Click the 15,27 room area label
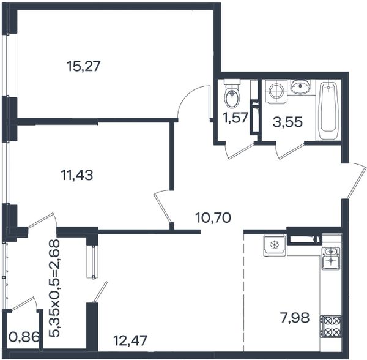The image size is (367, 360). [x=83, y=66]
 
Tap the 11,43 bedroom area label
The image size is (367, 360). [x=77, y=175]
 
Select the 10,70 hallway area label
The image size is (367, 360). [x=213, y=217]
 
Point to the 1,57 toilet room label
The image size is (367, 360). [x=235, y=118]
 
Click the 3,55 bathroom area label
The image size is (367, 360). [x=287, y=122]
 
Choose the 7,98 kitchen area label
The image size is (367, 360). [x=295, y=318]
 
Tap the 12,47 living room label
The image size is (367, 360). [x=130, y=340]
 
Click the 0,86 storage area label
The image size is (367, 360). [x=24, y=338]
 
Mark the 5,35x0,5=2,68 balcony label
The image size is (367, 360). [x=54, y=288]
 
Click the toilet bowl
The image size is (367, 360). [x=232, y=94]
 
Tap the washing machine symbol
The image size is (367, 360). [x=276, y=91]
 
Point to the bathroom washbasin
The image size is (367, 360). [x=300, y=86]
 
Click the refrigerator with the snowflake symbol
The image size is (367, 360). [x=275, y=246]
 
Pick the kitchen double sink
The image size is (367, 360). [x=331, y=258]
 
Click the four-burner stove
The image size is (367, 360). [x=330, y=326]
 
